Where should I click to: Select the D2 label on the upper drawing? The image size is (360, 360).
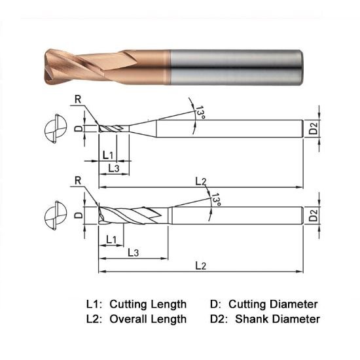314,128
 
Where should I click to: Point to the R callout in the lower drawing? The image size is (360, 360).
79,181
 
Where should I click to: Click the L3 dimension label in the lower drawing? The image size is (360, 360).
133,252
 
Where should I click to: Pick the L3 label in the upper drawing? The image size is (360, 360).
113,168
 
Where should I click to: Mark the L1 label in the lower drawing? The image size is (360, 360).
111,239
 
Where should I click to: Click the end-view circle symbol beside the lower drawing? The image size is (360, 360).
52,216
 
